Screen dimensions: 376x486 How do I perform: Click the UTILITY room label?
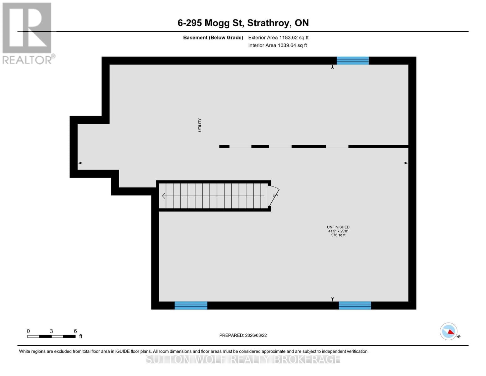(200, 125)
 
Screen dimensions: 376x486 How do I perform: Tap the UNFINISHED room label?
(338, 227)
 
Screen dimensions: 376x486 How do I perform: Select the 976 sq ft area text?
(338, 235)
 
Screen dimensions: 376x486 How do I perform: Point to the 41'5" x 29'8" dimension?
(338, 231)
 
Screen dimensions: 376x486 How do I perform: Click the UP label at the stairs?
(275, 196)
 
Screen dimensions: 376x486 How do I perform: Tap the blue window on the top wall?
(353, 60)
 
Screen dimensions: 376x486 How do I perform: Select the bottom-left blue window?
(191, 305)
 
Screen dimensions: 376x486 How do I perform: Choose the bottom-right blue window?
(355, 305)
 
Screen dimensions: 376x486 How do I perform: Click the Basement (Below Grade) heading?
(213, 38)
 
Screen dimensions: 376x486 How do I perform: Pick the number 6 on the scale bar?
(75, 331)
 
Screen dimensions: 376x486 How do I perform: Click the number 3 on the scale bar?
(51, 331)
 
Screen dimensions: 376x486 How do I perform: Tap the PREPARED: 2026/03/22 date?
(243, 335)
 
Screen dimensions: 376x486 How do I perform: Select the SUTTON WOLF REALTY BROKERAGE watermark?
(243, 359)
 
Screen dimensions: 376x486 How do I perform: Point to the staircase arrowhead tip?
(163, 196)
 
